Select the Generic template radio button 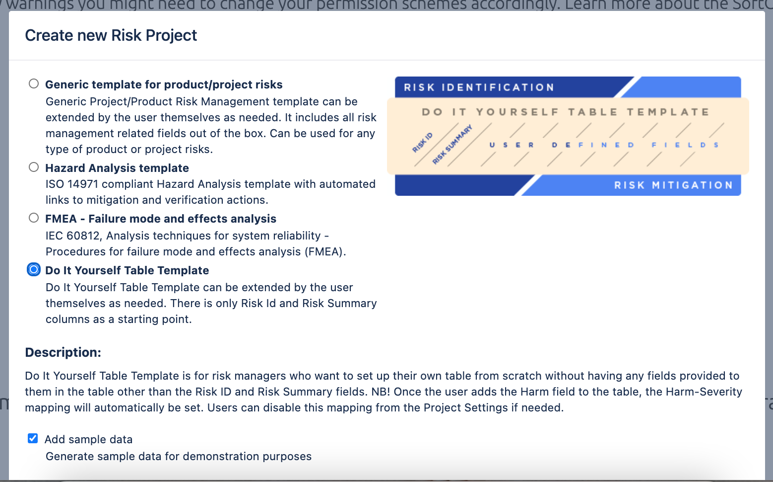tap(34, 83)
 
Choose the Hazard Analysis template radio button tap(34, 167)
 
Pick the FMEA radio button tap(34, 218)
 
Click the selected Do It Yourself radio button tap(34, 270)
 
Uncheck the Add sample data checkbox tap(33, 438)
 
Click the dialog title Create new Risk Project tap(111, 35)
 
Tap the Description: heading tap(63, 352)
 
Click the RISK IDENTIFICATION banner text tap(479, 87)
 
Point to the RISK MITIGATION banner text tap(673, 185)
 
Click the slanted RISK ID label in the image tap(422, 143)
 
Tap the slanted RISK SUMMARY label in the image tap(452, 145)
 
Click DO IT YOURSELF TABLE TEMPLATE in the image tap(566, 112)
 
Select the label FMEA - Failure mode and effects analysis tap(161, 219)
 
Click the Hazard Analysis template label tap(117, 168)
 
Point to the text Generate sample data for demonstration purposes tap(179, 456)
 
